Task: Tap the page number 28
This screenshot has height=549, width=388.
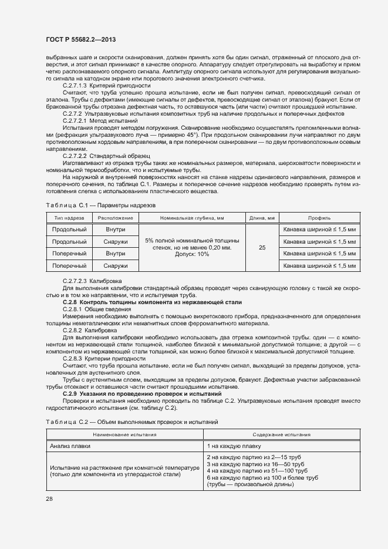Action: click(x=49, y=499)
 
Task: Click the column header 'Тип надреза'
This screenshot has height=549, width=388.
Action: click(x=69, y=217)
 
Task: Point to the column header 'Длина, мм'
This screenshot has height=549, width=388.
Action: click(x=262, y=217)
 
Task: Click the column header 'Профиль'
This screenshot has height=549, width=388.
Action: click(x=319, y=217)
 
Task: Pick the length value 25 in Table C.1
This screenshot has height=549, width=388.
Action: click(x=262, y=248)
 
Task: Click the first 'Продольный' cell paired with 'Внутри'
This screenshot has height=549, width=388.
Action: click(x=69, y=229)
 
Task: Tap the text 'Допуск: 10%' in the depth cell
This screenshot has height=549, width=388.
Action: click(x=192, y=255)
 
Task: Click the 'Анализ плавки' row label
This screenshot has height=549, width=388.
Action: click(x=68, y=446)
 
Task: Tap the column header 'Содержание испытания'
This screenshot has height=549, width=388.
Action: click(x=282, y=435)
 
